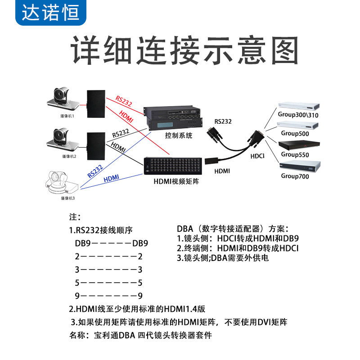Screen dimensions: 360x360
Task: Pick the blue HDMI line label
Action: (x=111, y=179)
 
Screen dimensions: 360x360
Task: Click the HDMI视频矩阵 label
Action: (x=177, y=181)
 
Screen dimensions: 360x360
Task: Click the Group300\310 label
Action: (x=297, y=115)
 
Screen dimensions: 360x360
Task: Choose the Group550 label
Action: (x=295, y=154)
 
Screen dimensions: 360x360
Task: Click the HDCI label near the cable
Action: (x=257, y=156)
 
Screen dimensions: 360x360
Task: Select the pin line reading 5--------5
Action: (x=108, y=283)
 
